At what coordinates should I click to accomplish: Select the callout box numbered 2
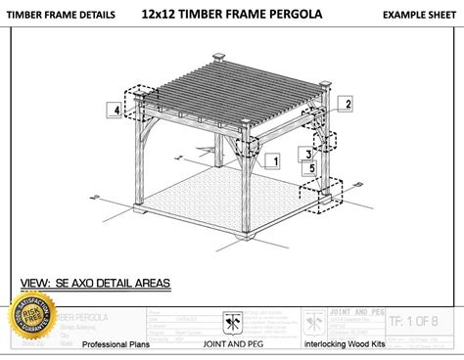tap(348, 102)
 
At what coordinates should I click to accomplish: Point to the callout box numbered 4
tap(116, 111)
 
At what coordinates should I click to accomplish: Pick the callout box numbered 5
tap(312, 167)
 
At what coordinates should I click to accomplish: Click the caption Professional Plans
tap(116, 344)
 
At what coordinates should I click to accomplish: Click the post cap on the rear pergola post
tap(214, 56)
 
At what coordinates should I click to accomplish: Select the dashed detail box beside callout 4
tap(139, 105)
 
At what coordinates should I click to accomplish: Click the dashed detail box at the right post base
tap(327, 192)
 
